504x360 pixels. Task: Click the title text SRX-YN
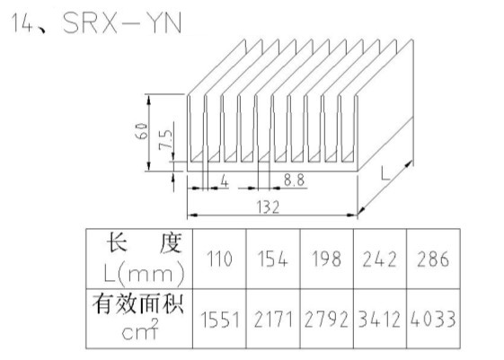[122, 22]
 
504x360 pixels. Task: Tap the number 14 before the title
[22, 22]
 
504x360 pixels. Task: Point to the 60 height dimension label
[142, 131]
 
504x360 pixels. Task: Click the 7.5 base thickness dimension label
[165, 139]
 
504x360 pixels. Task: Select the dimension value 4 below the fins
[225, 181]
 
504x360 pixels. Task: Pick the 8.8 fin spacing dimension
[294, 180]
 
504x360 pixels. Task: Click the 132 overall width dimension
[268, 207]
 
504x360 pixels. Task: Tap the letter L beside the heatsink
[385, 173]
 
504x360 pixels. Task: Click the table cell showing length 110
[219, 259]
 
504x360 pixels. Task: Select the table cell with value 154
[273, 259]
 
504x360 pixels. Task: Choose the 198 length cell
[327, 259]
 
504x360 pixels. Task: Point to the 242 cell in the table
[380, 259]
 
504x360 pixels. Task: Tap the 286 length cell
[433, 259]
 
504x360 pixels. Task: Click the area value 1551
[219, 319]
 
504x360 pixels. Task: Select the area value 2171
[273, 319]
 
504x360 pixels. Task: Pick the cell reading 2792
[327, 319]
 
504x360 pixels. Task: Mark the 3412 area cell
[380, 319]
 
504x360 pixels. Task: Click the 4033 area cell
[433, 319]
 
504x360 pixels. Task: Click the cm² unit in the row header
[140, 329]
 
